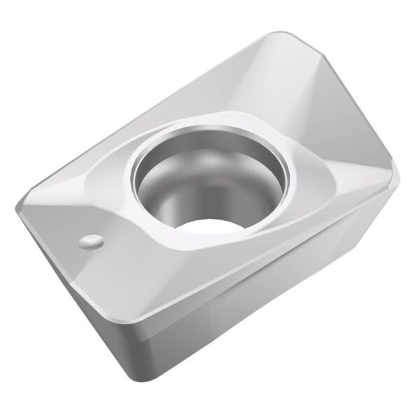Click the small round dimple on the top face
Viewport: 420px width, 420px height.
point(91,242)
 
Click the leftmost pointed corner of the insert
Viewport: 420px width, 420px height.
point(16,208)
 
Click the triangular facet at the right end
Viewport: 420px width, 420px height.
point(364,147)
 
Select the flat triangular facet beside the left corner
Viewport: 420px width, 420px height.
point(52,210)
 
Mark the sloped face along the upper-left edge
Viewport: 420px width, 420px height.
point(161,119)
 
